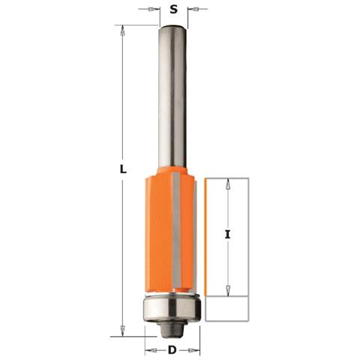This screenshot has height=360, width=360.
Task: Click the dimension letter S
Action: (x=173, y=10)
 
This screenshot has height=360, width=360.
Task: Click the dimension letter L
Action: (x=123, y=169)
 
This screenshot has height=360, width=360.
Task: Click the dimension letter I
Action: (x=227, y=235)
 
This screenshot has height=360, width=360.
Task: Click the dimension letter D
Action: (x=172, y=350)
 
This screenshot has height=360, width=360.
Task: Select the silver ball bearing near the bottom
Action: (x=172, y=309)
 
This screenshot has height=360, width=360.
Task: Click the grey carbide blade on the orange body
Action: (x=176, y=230)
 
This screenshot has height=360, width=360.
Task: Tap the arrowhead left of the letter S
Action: (x=152, y=10)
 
